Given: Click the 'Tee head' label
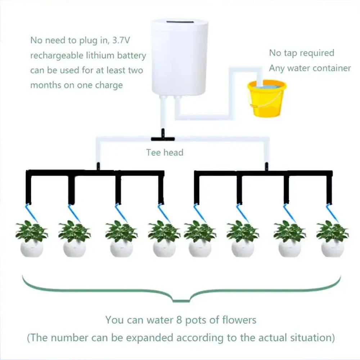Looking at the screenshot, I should pos(165,152).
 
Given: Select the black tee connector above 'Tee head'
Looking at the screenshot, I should pos(162,138).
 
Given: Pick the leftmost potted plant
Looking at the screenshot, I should pos(32,239).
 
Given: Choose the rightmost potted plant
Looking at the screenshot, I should pos(332,239).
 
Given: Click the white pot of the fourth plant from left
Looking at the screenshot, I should pos(164,248).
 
